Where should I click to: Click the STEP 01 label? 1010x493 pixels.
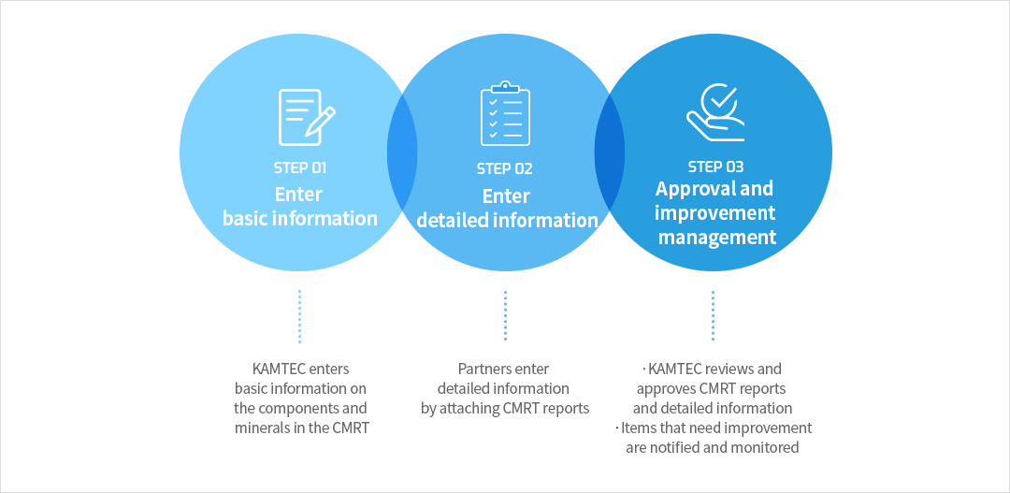[300, 168]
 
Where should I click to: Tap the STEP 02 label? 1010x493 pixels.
[504, 169]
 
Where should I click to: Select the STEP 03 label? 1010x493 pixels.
[715, 167]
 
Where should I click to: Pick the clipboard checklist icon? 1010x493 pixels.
[506, 113]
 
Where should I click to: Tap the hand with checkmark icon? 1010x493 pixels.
[715, 113]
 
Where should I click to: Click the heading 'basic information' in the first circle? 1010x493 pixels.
[300, 218]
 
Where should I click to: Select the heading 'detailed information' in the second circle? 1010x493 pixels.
[508, 221]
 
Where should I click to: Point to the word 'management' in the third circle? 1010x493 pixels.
[717, 238]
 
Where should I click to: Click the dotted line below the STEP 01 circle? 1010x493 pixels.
[299, 316]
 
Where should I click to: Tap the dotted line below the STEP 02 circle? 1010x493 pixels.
[506, 316]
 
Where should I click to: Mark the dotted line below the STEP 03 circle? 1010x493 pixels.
[713, 316]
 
